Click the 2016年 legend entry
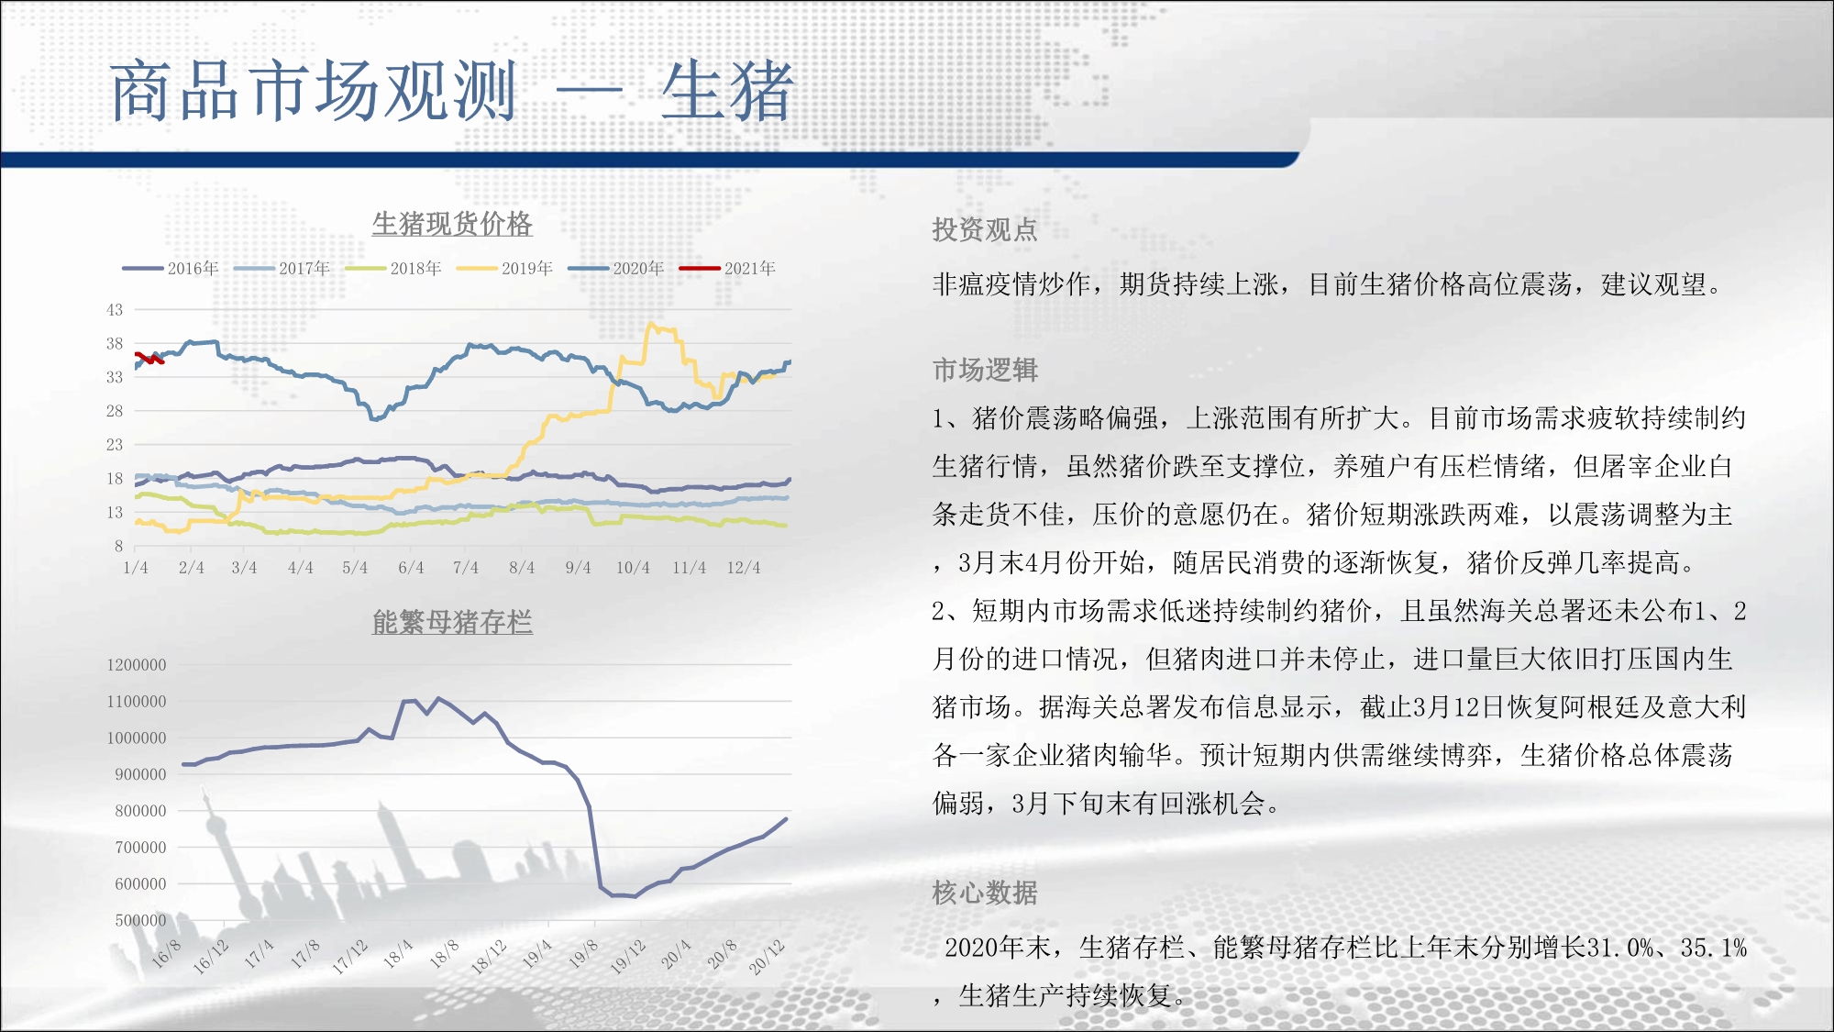coord(171,268)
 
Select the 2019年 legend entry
coord(504,268)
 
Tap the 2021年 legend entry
coord(727,268)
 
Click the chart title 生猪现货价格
coord(452,224)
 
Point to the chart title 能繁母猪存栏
coord(452,622)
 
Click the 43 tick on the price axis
coord(115,310)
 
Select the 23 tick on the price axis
coord(115,445)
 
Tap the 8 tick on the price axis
coord(118,547)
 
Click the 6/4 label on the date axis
coord(411,568)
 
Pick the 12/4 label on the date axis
coord(744,568)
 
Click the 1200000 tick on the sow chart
coord(137,665)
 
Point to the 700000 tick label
coord(140,848)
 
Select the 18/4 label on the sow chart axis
coord(398,954)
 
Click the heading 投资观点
coord(985,229)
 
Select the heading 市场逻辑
coord(985,370)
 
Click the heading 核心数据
coord(985,893)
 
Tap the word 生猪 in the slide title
coord(727,91)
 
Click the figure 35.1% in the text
coord(1714,948)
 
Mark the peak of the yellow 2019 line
coord(651,324)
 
